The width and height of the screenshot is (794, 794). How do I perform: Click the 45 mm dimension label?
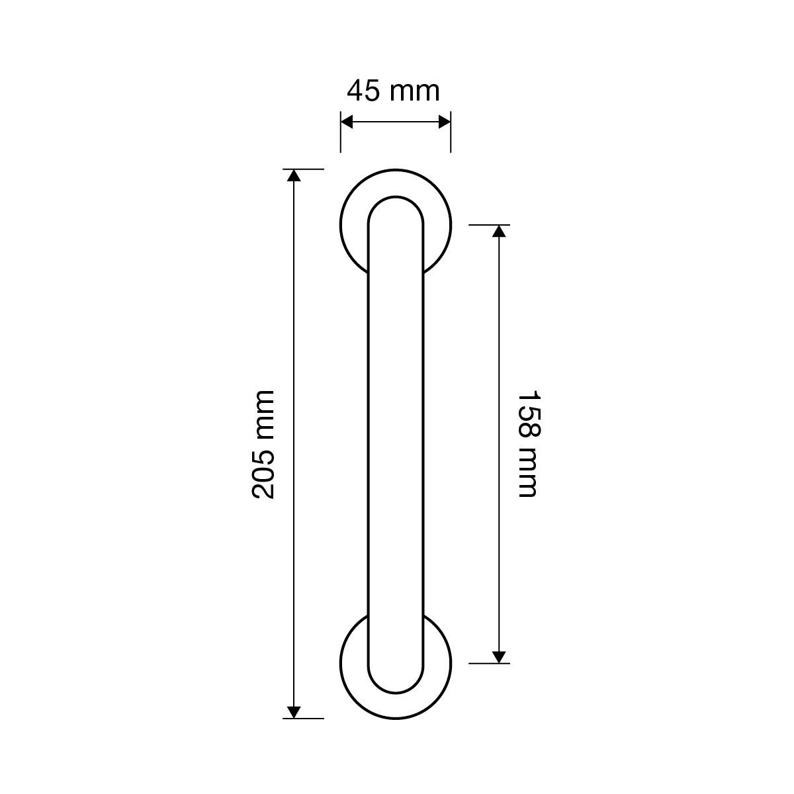pos(393,91)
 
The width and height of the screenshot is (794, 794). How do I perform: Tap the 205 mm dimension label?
pos(263,445)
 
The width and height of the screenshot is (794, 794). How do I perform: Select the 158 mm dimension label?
pos(529,444)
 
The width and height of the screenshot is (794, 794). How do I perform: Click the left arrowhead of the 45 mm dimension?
pos(347,122)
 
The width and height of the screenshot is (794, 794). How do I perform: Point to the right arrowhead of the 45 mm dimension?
pos(444,122)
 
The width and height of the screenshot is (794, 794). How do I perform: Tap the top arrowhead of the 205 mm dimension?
pos(293,175)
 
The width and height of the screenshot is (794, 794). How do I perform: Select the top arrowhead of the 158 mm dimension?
pos(499,231)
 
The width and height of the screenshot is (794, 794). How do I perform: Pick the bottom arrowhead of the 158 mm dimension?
pos(499,657)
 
